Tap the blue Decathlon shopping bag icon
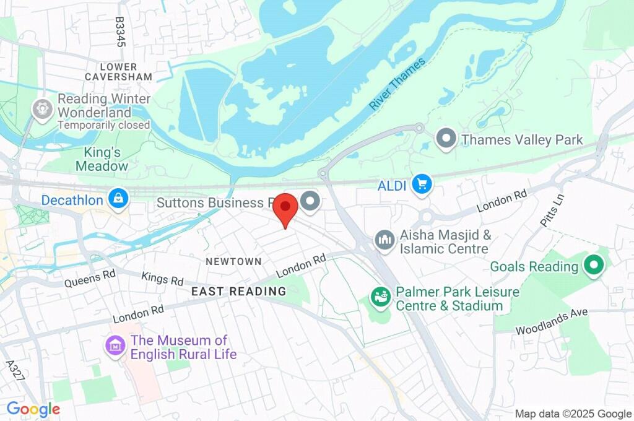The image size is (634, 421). pyautogui.click(x=118, y=199)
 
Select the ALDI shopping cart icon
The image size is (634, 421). pyautogui.click(x=422, y=184)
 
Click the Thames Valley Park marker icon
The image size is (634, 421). pyautogui.click(x=446, y=139)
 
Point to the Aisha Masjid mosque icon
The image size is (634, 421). pyautogui.click(x=384, y=241)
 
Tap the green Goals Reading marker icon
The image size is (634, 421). pyautogui.click(x=594, y=266)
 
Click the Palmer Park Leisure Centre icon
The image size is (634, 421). pyautogui.click(x=381, y=297)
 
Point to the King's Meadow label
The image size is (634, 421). pyautogui.click(x=102, y=159)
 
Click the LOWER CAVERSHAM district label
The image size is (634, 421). pyautogui.click(x=118, y=71)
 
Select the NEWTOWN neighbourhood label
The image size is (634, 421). pyautogui.click(x=233, y=261)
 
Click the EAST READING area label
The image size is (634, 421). pyautogui.click(x=238, y=291)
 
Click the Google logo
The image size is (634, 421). pyautogui.click(x=33, y=409)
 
